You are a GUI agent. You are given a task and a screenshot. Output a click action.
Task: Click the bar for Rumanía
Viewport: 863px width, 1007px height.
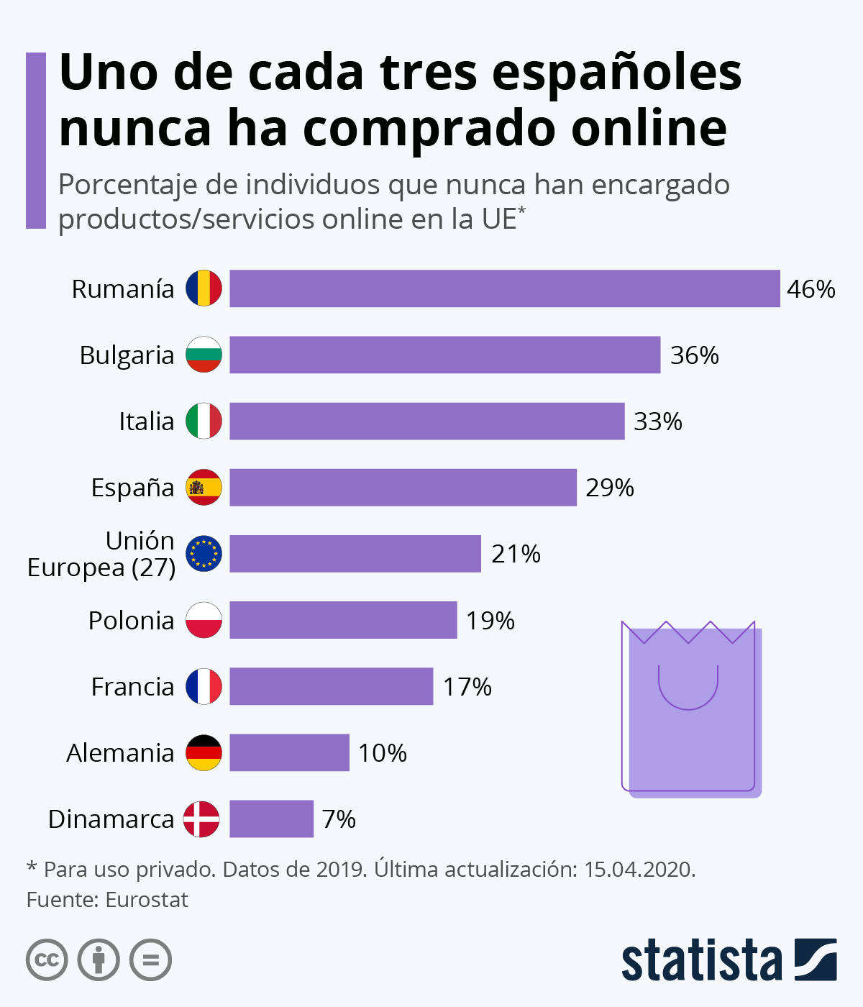tap(504, 288)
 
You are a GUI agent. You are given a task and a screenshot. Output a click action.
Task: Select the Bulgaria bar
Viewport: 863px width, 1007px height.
tap(444, 355)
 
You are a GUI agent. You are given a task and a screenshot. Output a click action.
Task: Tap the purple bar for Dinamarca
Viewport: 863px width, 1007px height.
tap(271, 819)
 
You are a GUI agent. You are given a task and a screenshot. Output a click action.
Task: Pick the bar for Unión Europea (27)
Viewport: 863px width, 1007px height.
tap(355, 554)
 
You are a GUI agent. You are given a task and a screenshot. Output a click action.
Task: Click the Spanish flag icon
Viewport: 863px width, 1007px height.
tap(204, 487)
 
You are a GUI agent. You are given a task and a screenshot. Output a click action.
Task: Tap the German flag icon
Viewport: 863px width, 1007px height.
tap(204, 752)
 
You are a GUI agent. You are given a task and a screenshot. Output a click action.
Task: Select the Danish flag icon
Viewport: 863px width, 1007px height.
tap(201, 819)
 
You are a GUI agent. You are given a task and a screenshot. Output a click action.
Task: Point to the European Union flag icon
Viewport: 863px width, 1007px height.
tap(204, 554)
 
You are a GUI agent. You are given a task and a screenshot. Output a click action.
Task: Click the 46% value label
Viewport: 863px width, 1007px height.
tap(811, 289)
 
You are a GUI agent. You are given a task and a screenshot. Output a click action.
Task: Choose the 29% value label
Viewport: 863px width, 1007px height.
tap(609, 488)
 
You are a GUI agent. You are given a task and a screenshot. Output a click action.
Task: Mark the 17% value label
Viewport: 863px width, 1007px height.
tap(467, 687)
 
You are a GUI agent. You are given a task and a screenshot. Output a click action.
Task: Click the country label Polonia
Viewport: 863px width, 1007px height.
tap(131, 620)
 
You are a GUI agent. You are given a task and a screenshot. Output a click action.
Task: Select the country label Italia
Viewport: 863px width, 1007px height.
tap(146, 422)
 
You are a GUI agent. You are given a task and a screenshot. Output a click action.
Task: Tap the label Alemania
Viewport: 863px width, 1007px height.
tap(120, 753)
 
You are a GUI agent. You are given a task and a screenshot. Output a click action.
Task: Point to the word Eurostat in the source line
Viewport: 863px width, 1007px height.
tap(147, 900)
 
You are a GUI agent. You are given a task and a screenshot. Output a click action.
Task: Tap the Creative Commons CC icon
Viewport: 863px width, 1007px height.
tap(47, 960)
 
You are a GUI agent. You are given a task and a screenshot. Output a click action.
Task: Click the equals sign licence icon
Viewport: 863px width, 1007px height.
tap(151, 960)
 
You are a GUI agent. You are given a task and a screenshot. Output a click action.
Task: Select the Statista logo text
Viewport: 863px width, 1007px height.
tap(701, 960)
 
